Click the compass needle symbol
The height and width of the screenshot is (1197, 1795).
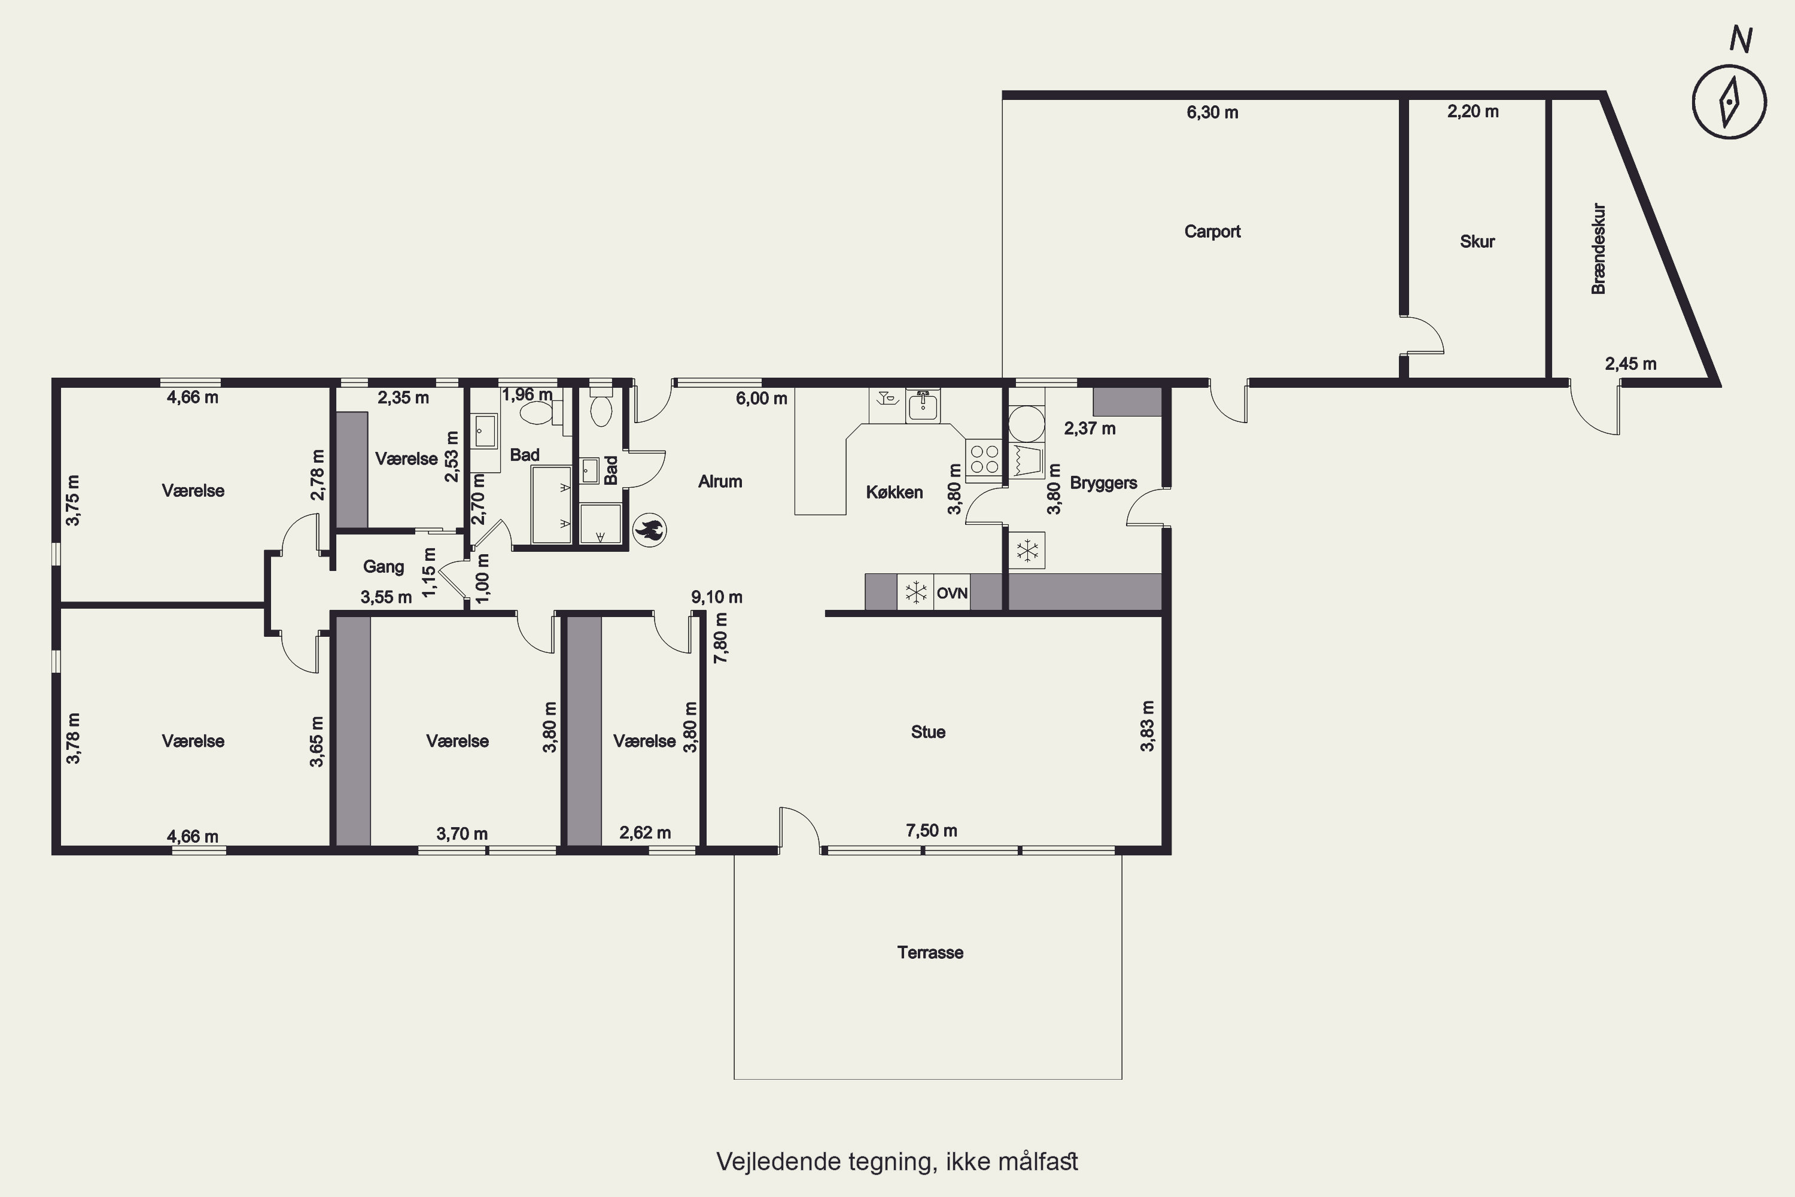click(x=1729, y=102)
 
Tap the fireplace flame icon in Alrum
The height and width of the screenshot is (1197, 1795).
click(x=649, y=530)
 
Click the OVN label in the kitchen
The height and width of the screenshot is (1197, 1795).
click(x=952, y=593)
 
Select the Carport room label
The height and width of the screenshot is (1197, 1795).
click(x=1212, y=231)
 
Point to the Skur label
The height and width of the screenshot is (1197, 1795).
click(x=1477, y=241)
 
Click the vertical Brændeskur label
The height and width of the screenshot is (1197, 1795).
click(x=1599, y=249)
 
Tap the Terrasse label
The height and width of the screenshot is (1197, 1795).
click(x=930, y=952)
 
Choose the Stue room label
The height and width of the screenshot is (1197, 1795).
click(x=928, y=731)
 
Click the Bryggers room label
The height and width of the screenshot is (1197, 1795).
click(x=1103, y=482)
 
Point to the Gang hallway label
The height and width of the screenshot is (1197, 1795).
click(x=383, y=566)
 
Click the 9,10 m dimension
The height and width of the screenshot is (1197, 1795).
click(x=717, y=597)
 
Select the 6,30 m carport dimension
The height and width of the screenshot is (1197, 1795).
click(x=1212, y=113)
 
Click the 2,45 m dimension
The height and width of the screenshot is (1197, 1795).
click(x=1630, y=363)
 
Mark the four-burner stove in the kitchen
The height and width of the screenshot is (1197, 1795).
click(x=984, y=460)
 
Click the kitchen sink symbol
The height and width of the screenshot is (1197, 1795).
click(x=923, y=405)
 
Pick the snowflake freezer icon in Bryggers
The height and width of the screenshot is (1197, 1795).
click(x=1027, y=549)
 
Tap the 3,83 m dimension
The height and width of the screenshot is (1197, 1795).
click(x=1147, y=726)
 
